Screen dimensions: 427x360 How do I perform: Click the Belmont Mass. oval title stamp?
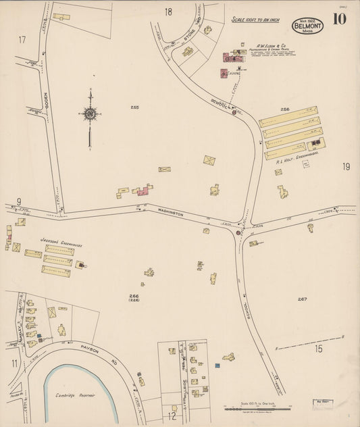pyautogui.click(x=307, y=25)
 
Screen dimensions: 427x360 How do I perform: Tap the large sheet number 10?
pyautogui.click(x=339, y=18)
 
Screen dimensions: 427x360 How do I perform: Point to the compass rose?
pyautogui.click(x=89, y=115)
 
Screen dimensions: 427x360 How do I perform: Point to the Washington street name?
pyautogui.click(x=171, y=212)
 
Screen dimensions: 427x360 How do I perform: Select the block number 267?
pyautogui.click(x=302, y=299)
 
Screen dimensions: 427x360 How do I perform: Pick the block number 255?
pyautogui.click(x=134, y=107)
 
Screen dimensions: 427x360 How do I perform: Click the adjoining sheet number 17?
pyautogui.click(x=22, y=40)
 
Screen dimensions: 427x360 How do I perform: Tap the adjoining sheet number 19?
pyautogui.click(x=346, y=167)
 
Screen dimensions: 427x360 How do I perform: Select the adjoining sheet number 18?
pyautogui.click(x=168, y=11)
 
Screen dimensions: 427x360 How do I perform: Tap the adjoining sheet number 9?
pyautogui.click(x=19, y=201)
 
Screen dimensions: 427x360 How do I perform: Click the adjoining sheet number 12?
pyautogui.click(x=172, y=416)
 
